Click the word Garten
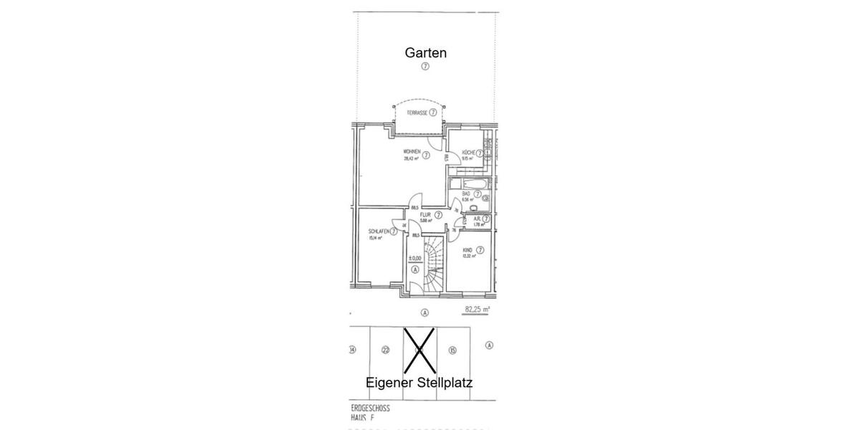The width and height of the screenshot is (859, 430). [426, 52]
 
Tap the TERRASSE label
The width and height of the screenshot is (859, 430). [416, 113]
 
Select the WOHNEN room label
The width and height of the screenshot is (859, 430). [412, 152]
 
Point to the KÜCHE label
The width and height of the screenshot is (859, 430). [469, 153]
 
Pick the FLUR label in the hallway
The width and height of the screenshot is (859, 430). [425, 214]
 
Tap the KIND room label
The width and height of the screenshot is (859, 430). [467, 250]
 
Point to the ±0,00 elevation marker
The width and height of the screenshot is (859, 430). [414, 258]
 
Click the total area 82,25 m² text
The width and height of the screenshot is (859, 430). [477, 310]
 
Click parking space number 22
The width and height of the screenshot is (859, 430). [385, 350]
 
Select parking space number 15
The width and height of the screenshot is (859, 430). [452, 350]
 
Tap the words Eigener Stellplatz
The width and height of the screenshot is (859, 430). [419, 383]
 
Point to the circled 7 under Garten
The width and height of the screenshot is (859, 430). [425, 66]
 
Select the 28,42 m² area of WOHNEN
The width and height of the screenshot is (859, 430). [410, 159]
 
